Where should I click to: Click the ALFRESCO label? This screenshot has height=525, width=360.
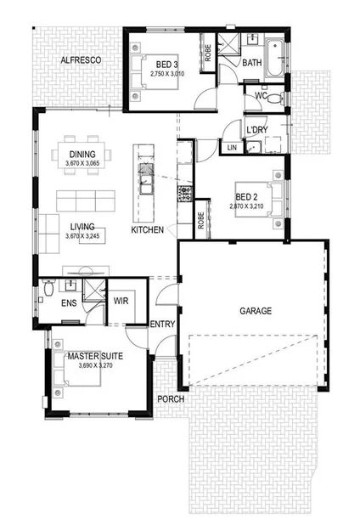[82, 60]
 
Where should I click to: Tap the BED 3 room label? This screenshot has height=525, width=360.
[166, 64]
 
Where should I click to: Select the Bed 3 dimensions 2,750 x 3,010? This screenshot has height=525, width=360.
[166, 74]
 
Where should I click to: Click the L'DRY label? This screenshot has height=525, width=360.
[257, 130]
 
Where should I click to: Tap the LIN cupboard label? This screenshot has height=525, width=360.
[233, 147]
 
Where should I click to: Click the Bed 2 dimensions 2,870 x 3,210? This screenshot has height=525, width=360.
[247, 206]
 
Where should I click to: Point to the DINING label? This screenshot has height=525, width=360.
[82, 155]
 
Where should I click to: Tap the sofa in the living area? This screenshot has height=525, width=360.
[85, 201]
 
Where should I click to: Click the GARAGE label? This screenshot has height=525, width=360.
[254, 311]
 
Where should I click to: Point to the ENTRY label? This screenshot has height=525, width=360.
[161, 324]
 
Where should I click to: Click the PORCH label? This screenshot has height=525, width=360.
[169, 399]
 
